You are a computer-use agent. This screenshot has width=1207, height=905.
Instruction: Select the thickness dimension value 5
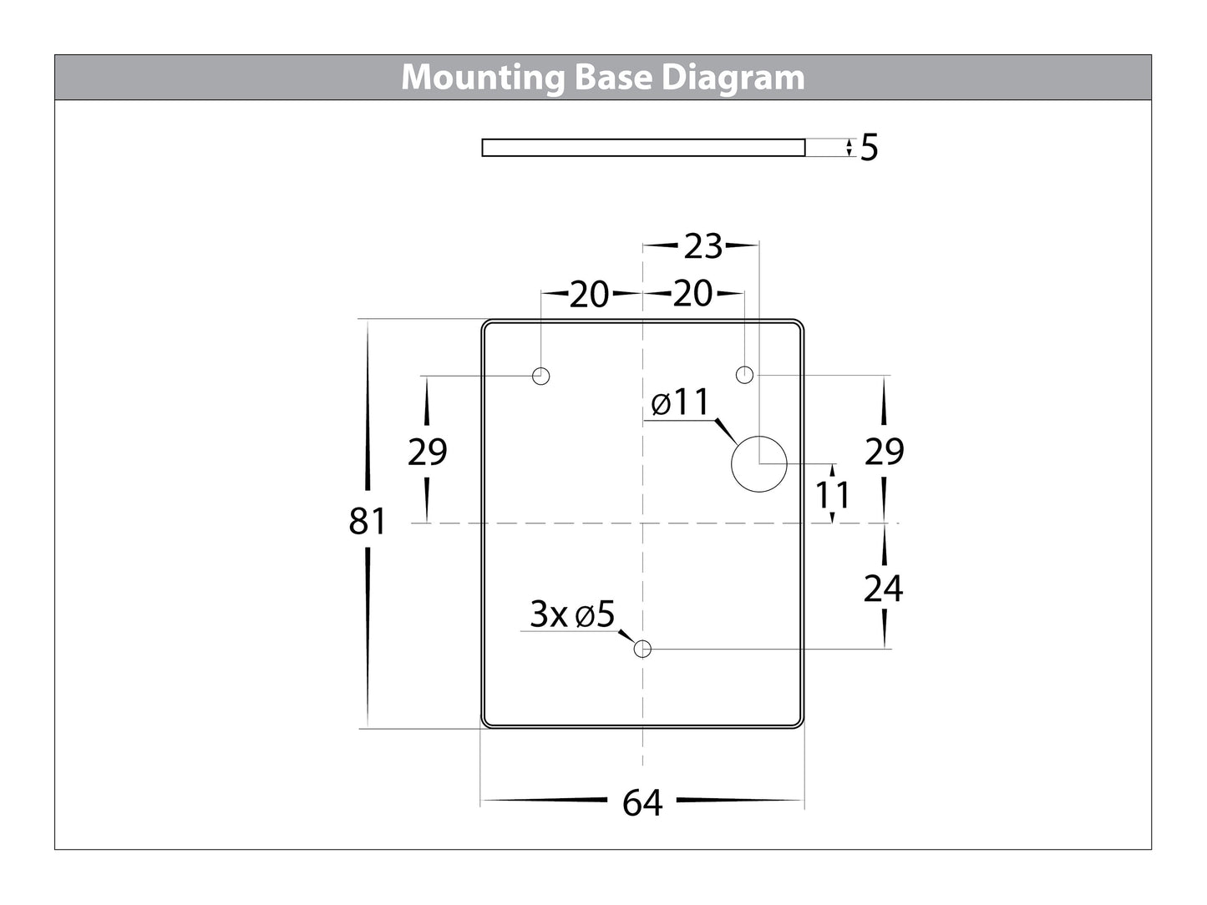tap(870, 149)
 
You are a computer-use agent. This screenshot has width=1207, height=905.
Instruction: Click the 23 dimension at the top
tap(702, 246)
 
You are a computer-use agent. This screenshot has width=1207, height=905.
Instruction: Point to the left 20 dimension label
tap(589, 295)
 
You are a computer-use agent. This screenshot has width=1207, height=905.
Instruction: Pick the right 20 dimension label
tap(692, 294)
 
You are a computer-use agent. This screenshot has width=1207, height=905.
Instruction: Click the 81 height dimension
tap(368, 522)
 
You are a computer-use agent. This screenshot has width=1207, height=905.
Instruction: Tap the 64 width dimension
tap(642, 803)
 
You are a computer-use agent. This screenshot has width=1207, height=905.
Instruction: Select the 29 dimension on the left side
tap(427, 452)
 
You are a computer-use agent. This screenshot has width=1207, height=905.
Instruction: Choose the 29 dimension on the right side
tap(884, 452)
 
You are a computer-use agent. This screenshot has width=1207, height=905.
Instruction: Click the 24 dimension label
tap(884, 589)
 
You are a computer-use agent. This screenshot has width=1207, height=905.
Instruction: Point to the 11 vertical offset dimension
tap(833, 495)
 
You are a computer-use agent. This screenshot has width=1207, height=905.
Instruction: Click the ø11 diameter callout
tap(680, 403)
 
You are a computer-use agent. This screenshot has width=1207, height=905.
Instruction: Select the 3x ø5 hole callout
tap(573, 615)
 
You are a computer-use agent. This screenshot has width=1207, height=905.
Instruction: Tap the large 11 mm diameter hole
tap(758, 463)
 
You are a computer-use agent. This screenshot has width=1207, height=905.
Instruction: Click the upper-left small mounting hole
tap(541, 376)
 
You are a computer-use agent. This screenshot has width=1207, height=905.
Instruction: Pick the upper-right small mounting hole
tap(744, 374)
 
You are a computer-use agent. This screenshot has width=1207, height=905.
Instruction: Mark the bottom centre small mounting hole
tap(642, 649)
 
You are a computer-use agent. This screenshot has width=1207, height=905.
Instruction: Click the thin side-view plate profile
tap(643, 148)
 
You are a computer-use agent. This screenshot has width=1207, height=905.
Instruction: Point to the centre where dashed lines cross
tap(642, 523)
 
